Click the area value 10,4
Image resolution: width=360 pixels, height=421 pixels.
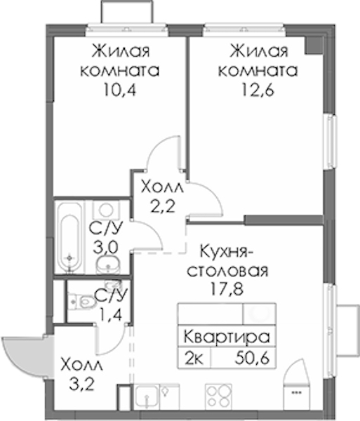coord(119,90)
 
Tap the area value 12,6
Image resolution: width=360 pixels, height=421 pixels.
coord(258,90)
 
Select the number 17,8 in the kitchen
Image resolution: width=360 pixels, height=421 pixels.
coord(227,289)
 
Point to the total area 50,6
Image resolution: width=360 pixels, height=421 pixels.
coord(252,358)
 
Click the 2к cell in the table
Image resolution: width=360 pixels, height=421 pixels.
coord(194,358)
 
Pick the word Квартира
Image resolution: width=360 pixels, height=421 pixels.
coord(227,338)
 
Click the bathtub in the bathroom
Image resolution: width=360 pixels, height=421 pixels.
coord(69,237)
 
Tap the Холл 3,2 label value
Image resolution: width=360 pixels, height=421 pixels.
coord(81,385)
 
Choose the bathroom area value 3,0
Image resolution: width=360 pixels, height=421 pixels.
coord(105,248)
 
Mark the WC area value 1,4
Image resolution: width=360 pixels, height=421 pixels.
coord(111,314)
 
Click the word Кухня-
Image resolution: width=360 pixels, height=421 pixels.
coord(227,251)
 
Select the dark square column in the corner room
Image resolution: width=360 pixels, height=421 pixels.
coord(314,45)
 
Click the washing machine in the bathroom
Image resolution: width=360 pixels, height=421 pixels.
coord(106,210)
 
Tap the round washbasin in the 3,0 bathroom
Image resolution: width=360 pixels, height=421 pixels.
coord(108,264)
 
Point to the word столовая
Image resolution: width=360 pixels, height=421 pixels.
coord(227,271)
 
